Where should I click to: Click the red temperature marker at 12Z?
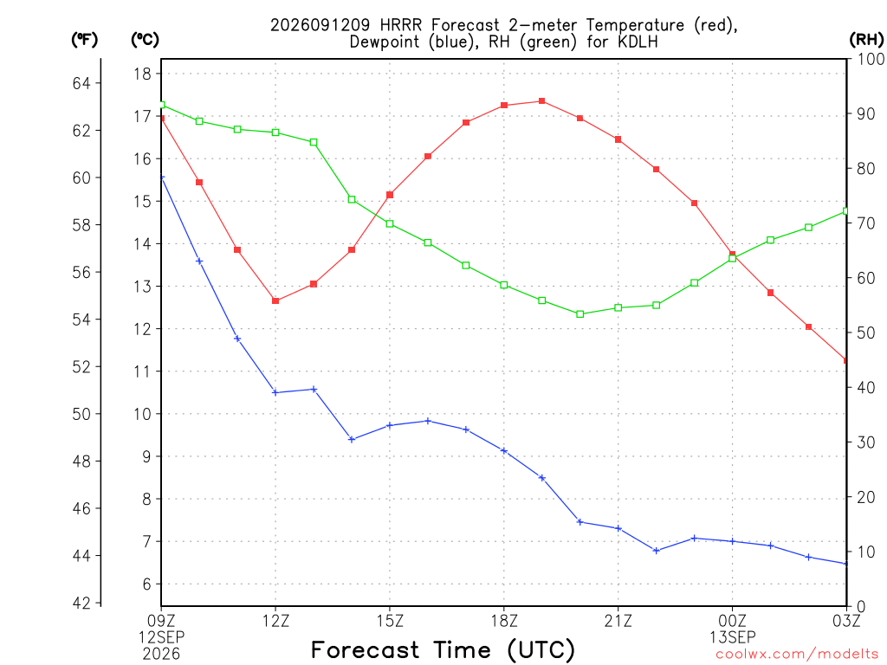(275, 300)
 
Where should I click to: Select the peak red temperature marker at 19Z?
(542, 101)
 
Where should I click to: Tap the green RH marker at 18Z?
(504, 285)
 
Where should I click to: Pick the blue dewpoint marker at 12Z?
(275, 392)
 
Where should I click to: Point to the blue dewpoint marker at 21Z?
(618, 529)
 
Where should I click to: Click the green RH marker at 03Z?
(845, 211)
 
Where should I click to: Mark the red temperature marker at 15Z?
(390, 195)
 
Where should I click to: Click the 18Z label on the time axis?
(504, 621)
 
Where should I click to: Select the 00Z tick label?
(733, 621)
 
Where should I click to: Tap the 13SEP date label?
(733, 637)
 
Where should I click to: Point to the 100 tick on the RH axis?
(871, 59)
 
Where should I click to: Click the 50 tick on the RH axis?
(865, 332)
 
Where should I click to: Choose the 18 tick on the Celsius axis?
(143, 74)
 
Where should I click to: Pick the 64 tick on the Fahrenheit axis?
(81, 83)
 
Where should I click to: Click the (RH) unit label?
(866, 39)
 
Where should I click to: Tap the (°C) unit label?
(145, 39)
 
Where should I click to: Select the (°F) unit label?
(84, 39)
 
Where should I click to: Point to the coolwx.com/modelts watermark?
(797, 655)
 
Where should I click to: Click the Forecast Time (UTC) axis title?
(443, 649)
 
